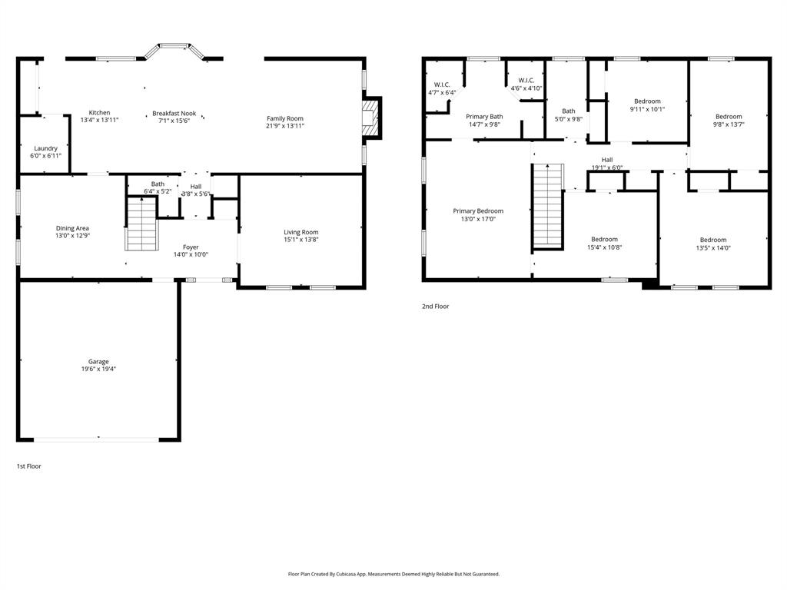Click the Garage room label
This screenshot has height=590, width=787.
coord(98,361)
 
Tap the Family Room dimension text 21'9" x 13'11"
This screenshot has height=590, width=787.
coord(285,126)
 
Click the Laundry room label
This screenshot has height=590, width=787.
coord(45,148)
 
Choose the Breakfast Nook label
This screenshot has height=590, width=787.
coord(174,113)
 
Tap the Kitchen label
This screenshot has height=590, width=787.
coord(99,113)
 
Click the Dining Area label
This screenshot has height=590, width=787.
coord(72,228)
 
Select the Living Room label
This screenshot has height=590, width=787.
coord(301,232)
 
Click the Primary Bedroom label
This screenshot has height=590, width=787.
coord(478,211)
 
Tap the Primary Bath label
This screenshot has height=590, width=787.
coord(484,117)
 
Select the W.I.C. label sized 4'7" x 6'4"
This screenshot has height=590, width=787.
coord(442,85)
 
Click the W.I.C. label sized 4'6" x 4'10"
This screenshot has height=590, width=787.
coord(526,80)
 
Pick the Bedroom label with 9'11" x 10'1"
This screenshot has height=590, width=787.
coord(647,101)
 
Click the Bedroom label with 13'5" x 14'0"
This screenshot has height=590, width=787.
coord(712,240)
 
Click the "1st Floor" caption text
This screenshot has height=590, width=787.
coord(29,466)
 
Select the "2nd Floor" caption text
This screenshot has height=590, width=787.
coord(435,307)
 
